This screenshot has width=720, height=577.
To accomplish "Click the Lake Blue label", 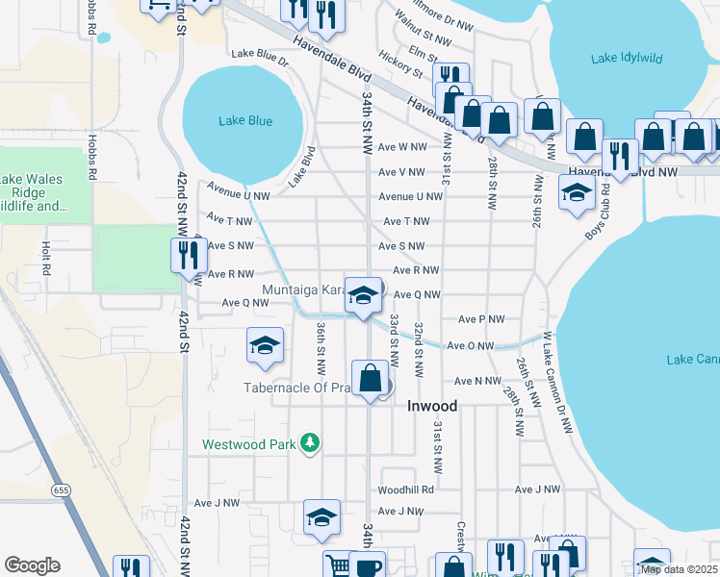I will [x=244, y=121].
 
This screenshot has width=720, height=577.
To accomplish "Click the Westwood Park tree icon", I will [x=310, y=443].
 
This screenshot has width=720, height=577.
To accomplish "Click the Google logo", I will [x=32, y=565].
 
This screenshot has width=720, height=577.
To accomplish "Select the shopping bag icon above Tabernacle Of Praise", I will [x=371, y=379].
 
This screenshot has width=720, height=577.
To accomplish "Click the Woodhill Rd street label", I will [x=407, y=489].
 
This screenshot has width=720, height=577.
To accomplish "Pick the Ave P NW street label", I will [x=481, y=319].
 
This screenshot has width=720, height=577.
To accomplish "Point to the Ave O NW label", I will [x=470, y=346].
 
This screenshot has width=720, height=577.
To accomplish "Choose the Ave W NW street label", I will [x=402, y=147].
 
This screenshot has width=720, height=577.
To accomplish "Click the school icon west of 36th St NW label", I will [x=265, y=346].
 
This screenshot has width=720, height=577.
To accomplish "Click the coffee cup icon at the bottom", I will [x=367, y=565].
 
